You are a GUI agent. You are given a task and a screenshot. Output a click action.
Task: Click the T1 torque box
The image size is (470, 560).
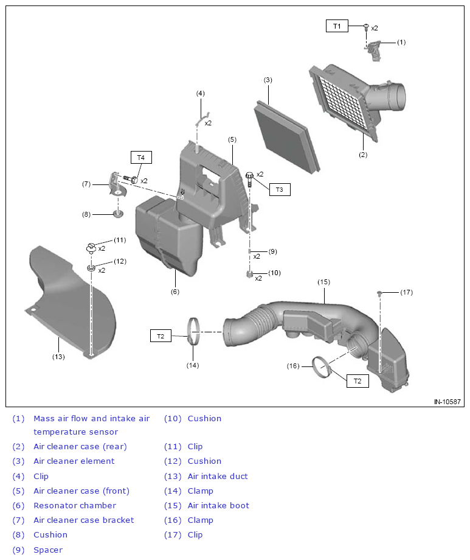pos(337,26)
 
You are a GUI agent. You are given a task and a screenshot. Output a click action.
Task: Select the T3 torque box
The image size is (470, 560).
pos(279,189)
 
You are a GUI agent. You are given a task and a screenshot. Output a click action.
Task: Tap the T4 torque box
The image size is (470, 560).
pos(140,158)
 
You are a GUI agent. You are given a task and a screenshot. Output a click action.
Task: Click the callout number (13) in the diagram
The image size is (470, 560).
pos(58,357)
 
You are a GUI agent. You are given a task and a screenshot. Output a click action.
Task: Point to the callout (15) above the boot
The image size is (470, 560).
pos(323,282)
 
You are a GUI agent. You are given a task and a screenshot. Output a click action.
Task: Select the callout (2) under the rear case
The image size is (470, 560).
pos(363,155)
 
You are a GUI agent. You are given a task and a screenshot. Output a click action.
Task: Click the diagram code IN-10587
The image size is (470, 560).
pos(448,402)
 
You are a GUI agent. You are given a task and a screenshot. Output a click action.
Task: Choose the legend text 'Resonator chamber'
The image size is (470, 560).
pos(75,505)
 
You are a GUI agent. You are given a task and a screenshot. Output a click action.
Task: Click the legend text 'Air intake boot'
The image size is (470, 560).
pos(218,505)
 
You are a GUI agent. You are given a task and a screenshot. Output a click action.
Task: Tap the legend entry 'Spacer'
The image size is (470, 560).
pos(47,550)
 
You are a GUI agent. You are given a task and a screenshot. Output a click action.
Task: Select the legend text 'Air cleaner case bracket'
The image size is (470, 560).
pos(84,520)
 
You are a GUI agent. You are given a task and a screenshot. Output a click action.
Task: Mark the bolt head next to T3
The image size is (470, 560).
pos(249,176)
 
